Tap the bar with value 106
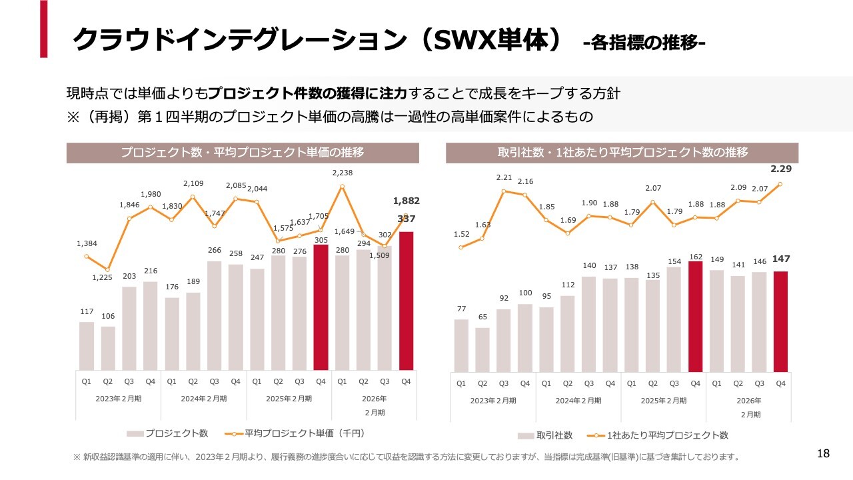coord(108,347)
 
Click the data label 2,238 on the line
coord(342,173)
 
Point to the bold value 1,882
coord(407,201)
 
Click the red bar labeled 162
coord(696,316)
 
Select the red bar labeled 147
coord(781,321)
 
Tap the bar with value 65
coord(482,349)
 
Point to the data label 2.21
coord(504,178)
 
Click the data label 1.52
coord(461,234)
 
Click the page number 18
coord(823,454)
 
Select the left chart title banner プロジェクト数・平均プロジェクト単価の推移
coord(243,153)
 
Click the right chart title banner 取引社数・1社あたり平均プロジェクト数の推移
coord(622,153)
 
